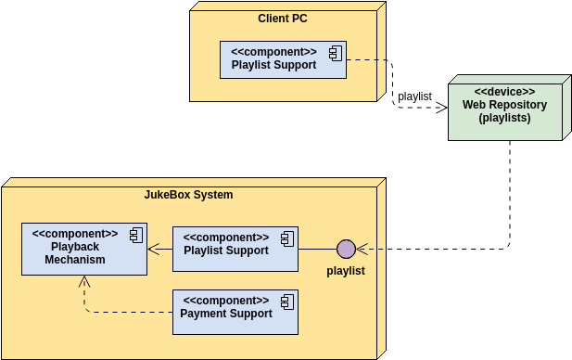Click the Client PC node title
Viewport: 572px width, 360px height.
[x=283, y=19]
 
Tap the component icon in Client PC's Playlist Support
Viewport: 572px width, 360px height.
[x=334, y=51]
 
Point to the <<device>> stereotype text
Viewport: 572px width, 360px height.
[x=504, y=92]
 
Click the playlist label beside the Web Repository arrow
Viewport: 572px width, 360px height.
[x=414, y=96]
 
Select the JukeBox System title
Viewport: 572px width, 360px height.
[x=188, y=195]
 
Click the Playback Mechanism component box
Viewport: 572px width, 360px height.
[x=83, y=249]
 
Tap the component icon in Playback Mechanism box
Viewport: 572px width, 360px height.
[x=135, y=235]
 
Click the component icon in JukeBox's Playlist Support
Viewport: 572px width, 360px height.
[x=286, y=238]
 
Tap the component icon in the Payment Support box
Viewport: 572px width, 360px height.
[x=286, y=302]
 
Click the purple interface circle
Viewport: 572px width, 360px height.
[x=346, y=249]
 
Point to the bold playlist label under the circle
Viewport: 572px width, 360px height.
[x=346, y=271]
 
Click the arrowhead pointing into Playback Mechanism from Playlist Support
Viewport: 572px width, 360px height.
[x=154, y=249]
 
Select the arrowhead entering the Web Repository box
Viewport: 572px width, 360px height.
[x=442, y=108]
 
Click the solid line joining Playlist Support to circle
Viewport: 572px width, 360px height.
[x=317, y=249]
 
